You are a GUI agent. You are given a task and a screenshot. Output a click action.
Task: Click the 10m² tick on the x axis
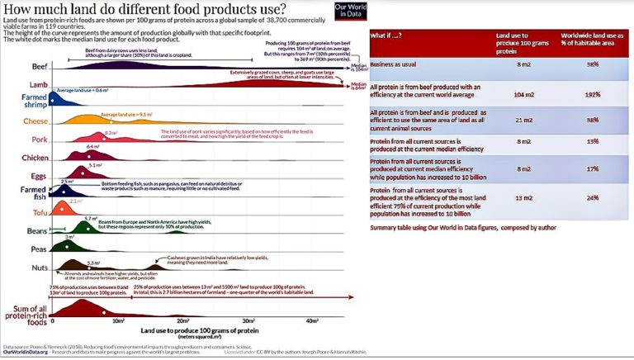(117, 320)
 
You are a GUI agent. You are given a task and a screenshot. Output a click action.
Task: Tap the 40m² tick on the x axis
(312, 320)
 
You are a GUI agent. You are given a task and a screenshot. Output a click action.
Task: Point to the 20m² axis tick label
(182, 320)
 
